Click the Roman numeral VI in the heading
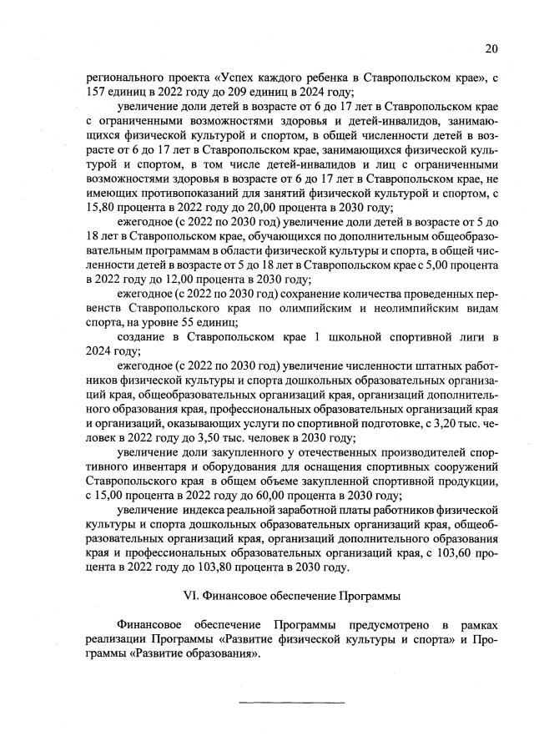tap(191, 596)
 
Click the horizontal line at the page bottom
tap(292, 702)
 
